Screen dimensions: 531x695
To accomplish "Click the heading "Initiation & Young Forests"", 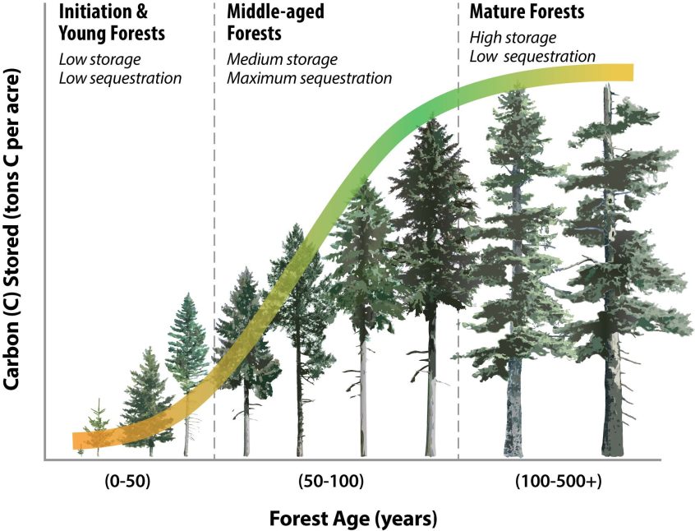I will pyautogui.click(x=112, y=23).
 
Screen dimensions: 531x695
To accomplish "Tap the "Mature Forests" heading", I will pyautogui.click(x=526, y=12).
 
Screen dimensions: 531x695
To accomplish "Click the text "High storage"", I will pyautogui.click(x=513, y=37).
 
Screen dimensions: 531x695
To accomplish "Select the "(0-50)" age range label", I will pyautogui.click(x=128, y=482).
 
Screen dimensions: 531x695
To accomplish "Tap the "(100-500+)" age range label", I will pyautogui.click(x=559, y=482).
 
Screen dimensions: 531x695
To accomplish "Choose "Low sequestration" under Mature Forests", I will pyautogui.click(x=532, y=56).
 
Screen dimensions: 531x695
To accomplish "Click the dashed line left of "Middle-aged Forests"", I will pyautogui.click(x=214, y=247).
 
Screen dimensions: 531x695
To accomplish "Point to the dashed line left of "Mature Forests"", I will pyautogui.click(x=458, y=247).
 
